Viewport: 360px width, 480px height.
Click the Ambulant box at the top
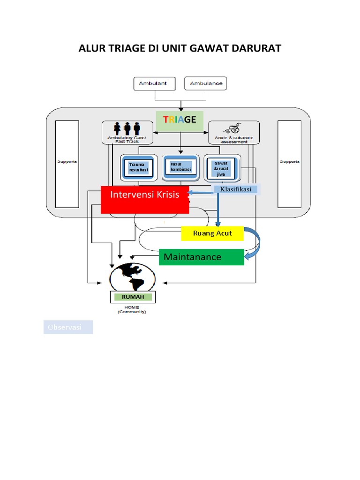155,84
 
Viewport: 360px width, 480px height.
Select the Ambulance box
206,84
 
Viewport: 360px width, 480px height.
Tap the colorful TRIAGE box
180,120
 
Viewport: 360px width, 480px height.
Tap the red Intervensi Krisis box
145,199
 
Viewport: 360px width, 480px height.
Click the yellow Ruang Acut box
212,233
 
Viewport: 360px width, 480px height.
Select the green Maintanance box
202,257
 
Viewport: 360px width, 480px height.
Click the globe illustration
132,277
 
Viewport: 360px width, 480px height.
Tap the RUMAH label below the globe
132,297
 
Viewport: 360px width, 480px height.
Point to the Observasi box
68,327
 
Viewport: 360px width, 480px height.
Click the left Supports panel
67,164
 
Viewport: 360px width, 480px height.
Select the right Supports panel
289,164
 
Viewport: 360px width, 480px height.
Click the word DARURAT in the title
253,48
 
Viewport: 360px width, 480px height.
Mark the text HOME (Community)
132,309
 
